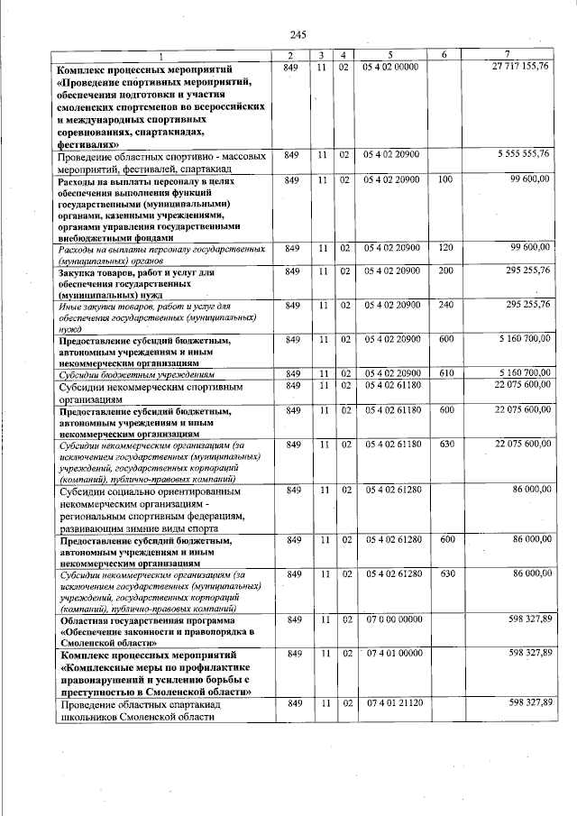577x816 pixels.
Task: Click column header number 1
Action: [x=162, y=56]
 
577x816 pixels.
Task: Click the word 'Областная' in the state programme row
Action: [x=88, y=621]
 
